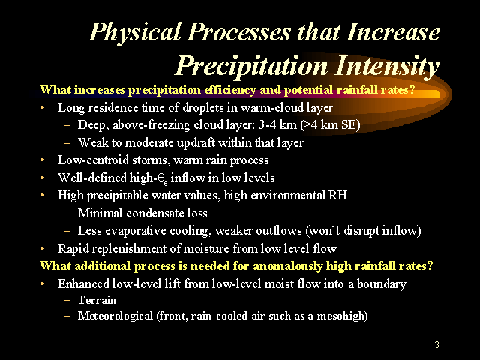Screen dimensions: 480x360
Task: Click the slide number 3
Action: (x=436, y=345)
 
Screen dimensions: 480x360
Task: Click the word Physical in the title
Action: (x=135, y=33)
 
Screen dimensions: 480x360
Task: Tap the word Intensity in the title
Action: (x=387, y=67)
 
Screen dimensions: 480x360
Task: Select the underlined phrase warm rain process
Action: (x=221, y=160)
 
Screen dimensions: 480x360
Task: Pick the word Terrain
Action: (x=97, y=300)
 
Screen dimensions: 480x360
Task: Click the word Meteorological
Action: (x=115, y=316)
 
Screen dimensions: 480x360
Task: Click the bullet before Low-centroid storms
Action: (x=42, y=160)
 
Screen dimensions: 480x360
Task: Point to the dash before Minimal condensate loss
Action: (x=67, y=213)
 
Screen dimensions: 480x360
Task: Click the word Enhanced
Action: (x=83, y=283)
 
